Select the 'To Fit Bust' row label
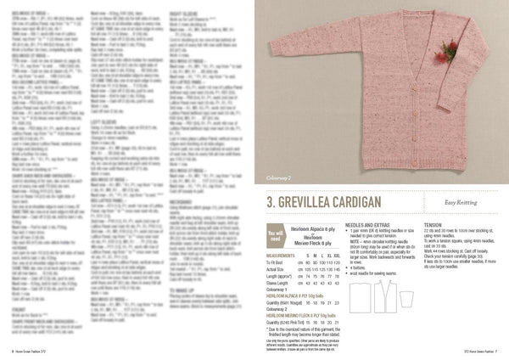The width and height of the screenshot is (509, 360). [276, 261]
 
